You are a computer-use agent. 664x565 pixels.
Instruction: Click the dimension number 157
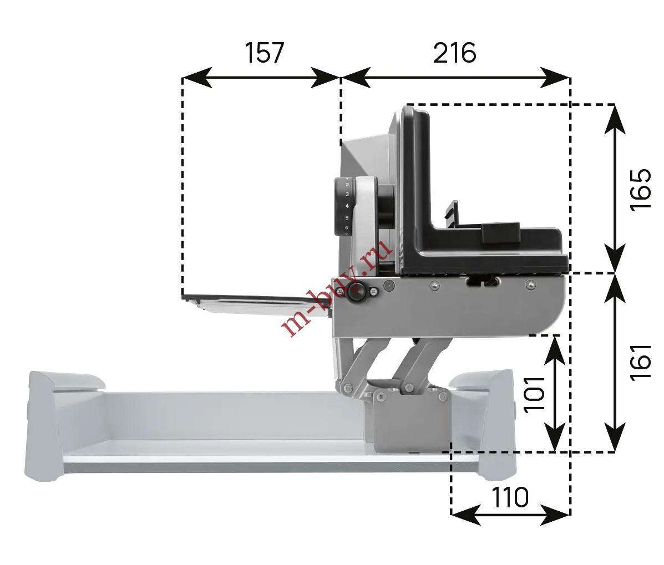(264, 53)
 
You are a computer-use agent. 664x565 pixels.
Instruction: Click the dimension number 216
(454, 53)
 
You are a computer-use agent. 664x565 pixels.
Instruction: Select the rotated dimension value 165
(640, 189)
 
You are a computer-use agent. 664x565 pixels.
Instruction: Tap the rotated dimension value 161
(640, 362)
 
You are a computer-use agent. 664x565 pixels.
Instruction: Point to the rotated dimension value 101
(534, 393)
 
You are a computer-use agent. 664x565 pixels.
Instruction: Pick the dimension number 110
(510, 497)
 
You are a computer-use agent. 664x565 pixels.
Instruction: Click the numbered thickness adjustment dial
(343, 206)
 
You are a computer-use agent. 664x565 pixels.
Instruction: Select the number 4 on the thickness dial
(347, 206)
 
